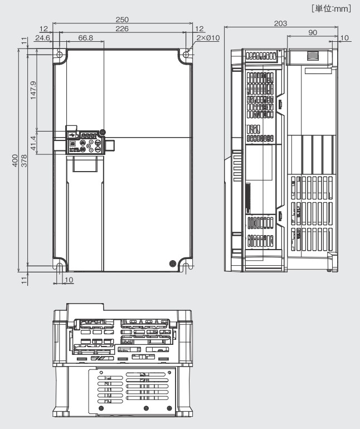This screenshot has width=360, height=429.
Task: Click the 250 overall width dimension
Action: click(123, 20)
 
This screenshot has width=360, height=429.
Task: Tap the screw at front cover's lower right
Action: click(172, 262)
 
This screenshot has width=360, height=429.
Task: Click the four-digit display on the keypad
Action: click(89, 135)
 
